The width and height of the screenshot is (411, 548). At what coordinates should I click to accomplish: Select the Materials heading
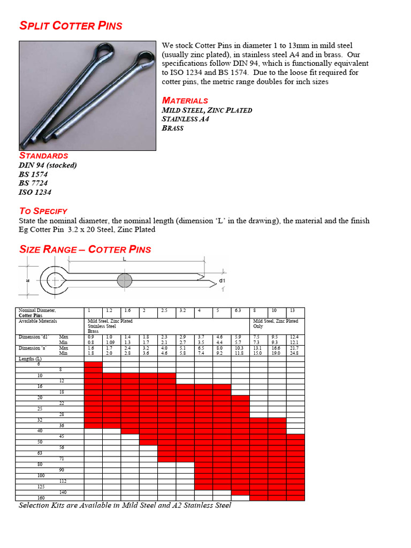[185, 101]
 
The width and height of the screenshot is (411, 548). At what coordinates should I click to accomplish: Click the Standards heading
[43, 156]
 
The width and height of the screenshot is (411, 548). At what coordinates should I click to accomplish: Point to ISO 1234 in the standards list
[35, 192]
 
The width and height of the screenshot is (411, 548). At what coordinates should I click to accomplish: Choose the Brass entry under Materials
[172, 128]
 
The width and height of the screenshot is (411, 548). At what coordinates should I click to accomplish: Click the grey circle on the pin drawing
[125, 280]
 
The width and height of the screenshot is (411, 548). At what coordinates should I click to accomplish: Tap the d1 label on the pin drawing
[222, 280]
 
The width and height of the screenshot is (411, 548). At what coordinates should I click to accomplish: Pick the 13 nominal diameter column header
[293, 310]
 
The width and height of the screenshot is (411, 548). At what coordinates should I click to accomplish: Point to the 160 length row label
[25, 498]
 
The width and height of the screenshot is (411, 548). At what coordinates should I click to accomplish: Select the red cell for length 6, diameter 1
[93, 364]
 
